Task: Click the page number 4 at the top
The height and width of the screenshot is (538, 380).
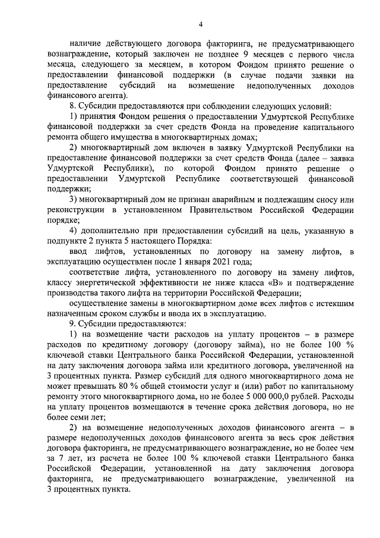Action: pos(200,24)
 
